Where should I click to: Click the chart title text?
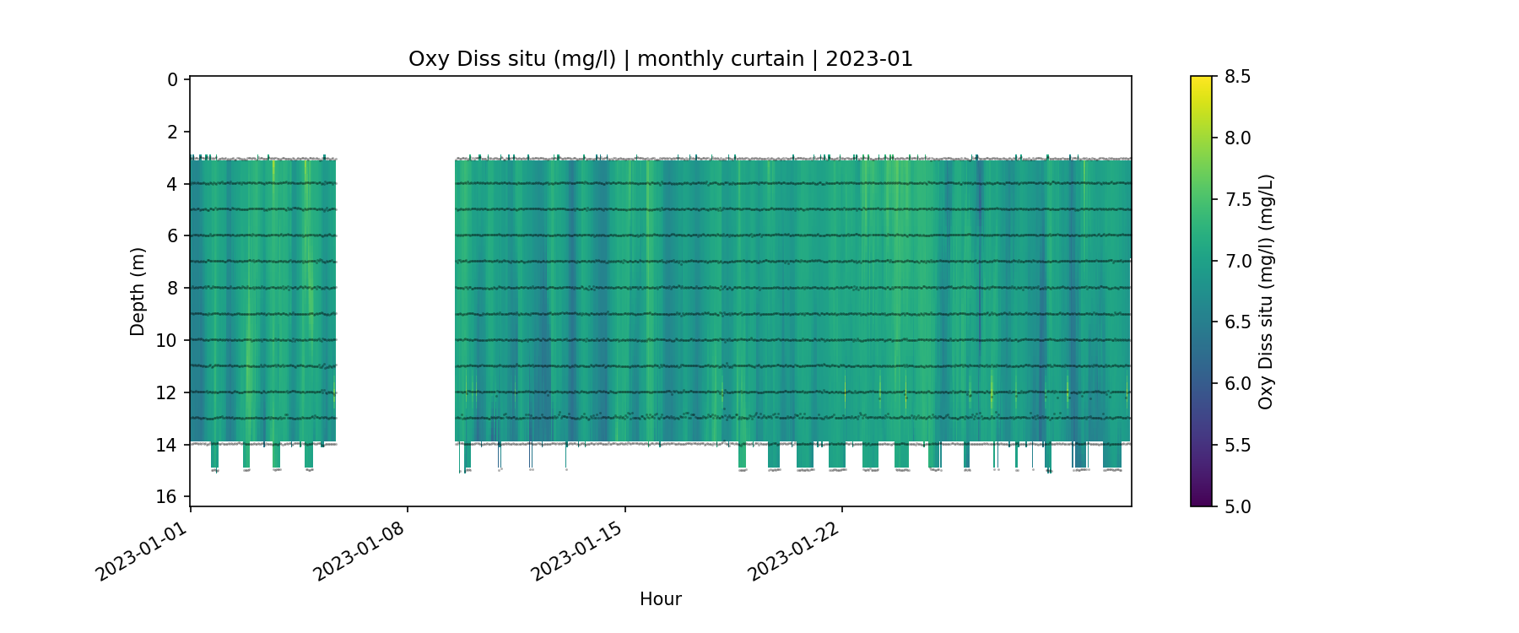coord(660,59)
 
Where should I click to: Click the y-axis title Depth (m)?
coord(138,291)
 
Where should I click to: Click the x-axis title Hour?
coord(660,599)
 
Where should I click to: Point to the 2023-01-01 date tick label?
coord(141,551)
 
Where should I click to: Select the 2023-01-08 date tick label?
coord(359,551)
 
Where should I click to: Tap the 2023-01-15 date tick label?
coord(576,551)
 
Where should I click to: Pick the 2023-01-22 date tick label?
coord(794,551)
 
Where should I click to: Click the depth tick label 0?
coord(172,79)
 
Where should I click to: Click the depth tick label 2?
coord(172,132)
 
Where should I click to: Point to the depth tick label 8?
coord(172,288)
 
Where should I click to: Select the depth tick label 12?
coord(167,392)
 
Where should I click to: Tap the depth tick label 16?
coord(167,496)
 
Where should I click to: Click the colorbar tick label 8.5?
coord(1237,77)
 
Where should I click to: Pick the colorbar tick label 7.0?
coord(1237,261)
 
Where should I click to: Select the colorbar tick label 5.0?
coord(1237,506)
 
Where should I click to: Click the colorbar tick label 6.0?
coord(1237,383)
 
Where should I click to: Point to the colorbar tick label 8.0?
coord(1237,138)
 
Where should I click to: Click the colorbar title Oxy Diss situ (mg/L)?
coord(1266,291)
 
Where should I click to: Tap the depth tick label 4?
coord(172,184)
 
